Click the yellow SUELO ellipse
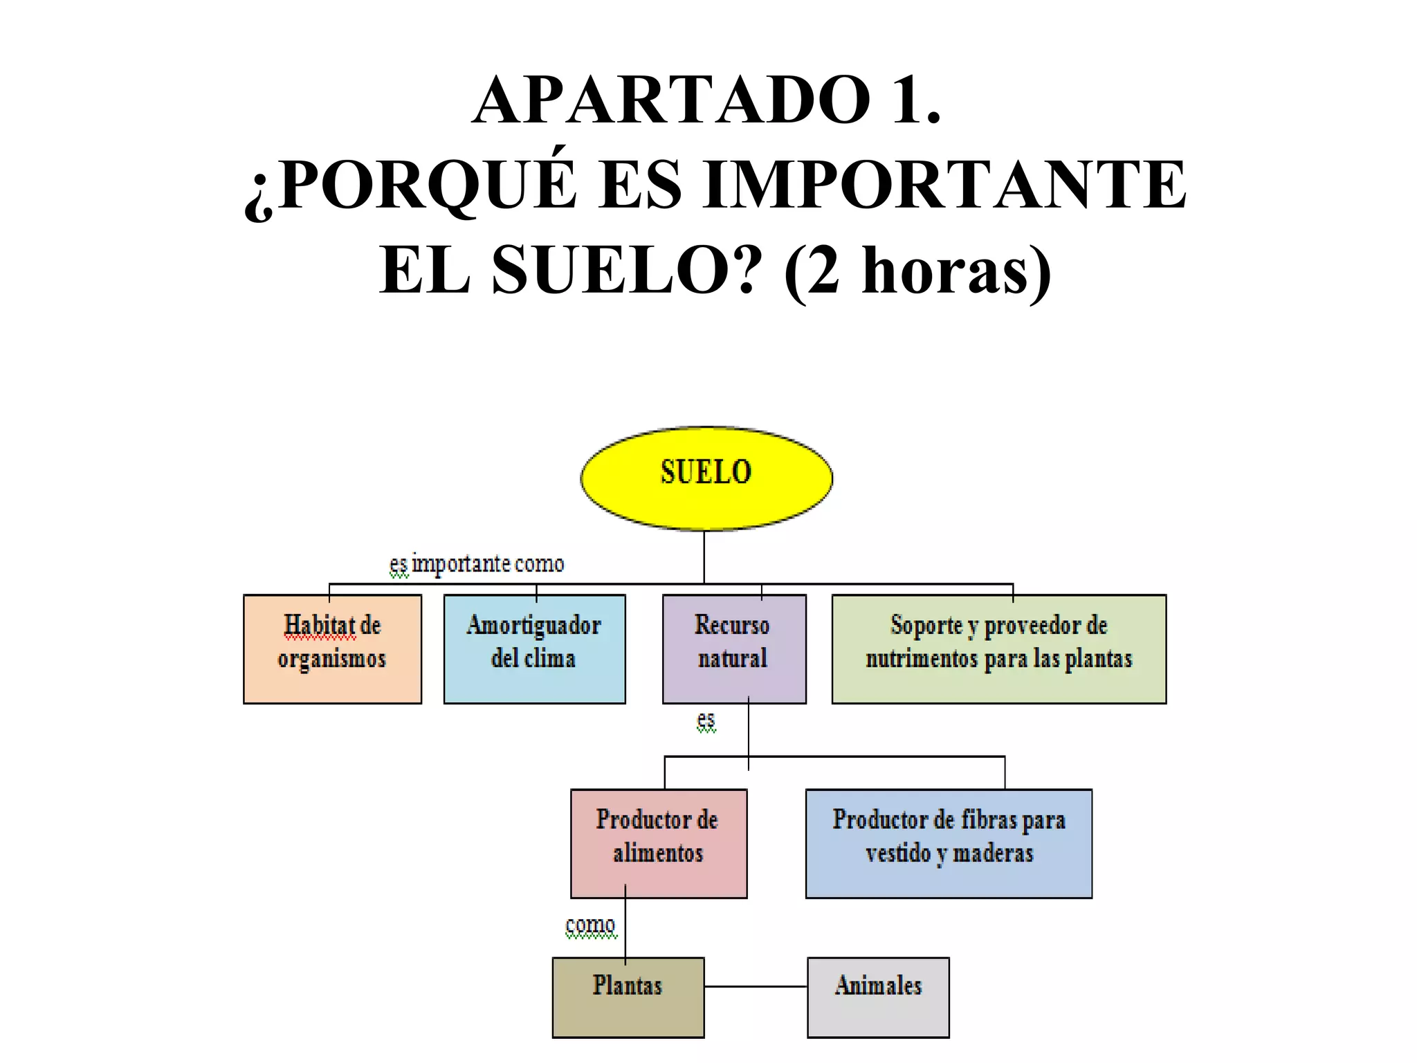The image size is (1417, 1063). click(x=706, y=478)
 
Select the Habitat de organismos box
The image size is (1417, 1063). click(x=332, y=649)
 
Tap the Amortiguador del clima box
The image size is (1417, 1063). click(x=534, y=649)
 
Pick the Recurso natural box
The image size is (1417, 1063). click(x=734, y=649)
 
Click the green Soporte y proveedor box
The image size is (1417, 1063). click(x=998, y=649)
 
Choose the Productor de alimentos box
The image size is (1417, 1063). click(x=658, y=843)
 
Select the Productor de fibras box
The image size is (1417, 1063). click(x=949, y=843)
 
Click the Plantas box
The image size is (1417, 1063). click(x=628, y=997)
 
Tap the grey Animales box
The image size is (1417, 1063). click(x=878, y=997)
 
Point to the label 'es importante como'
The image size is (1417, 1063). click(x=477, y=564)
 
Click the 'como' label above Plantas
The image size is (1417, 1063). click(x=590, y=925)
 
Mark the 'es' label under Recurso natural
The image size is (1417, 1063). click(x=706, y=720)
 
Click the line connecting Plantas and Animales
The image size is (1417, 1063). click(x=756, y=986)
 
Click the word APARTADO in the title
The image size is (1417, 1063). click(x=671, y=100)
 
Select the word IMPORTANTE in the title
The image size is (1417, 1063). click(x=945, y=185)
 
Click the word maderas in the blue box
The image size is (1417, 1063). click(x=993, y=853)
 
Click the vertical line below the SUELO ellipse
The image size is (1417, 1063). click(x=704, y=557)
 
